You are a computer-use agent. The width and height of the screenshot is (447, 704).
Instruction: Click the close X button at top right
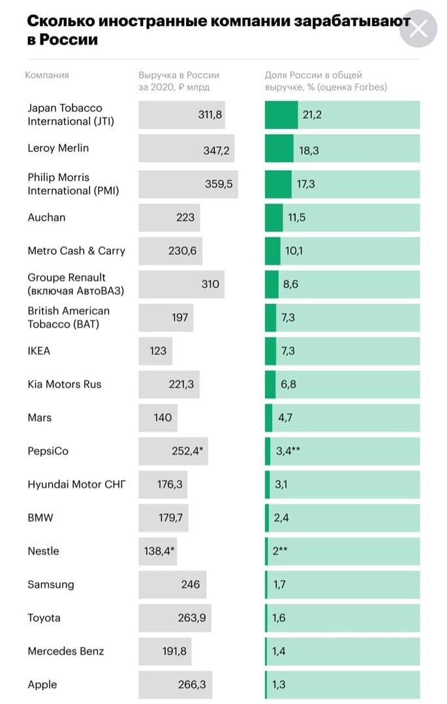(418, 29)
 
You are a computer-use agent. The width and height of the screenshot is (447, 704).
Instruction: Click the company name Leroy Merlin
(58, 148)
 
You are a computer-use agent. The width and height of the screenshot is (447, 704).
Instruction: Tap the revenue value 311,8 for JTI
(210, 115)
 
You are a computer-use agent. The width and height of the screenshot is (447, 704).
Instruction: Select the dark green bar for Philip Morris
(278, 184)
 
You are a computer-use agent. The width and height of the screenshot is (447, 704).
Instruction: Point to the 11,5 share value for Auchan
(296, 218)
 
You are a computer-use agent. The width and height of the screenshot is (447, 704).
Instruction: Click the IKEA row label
(39, 351)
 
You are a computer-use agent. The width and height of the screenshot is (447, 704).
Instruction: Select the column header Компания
(47, 75)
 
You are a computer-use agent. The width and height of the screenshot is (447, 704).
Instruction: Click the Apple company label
(42, 684)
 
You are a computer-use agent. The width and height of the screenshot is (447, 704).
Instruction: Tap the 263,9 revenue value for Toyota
(191, 618)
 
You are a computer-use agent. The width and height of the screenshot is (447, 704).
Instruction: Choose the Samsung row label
(51, 585)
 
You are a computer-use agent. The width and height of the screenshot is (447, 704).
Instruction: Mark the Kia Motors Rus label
(65, 385)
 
